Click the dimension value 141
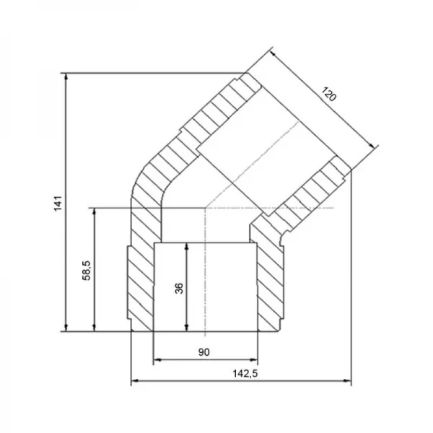[x=58, y=204]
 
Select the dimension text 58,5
[x=87, y=271]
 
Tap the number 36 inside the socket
[x=179, y=288]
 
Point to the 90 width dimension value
[x=204, y=352]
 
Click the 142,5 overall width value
[x=245, y=374]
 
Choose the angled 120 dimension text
[x=328, y=94]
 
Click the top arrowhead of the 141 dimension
[x=66, y=77]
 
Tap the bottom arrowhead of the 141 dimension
[x=66, y=327]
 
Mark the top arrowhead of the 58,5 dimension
[x=95, y=212]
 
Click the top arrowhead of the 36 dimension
[x=187, y=247]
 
